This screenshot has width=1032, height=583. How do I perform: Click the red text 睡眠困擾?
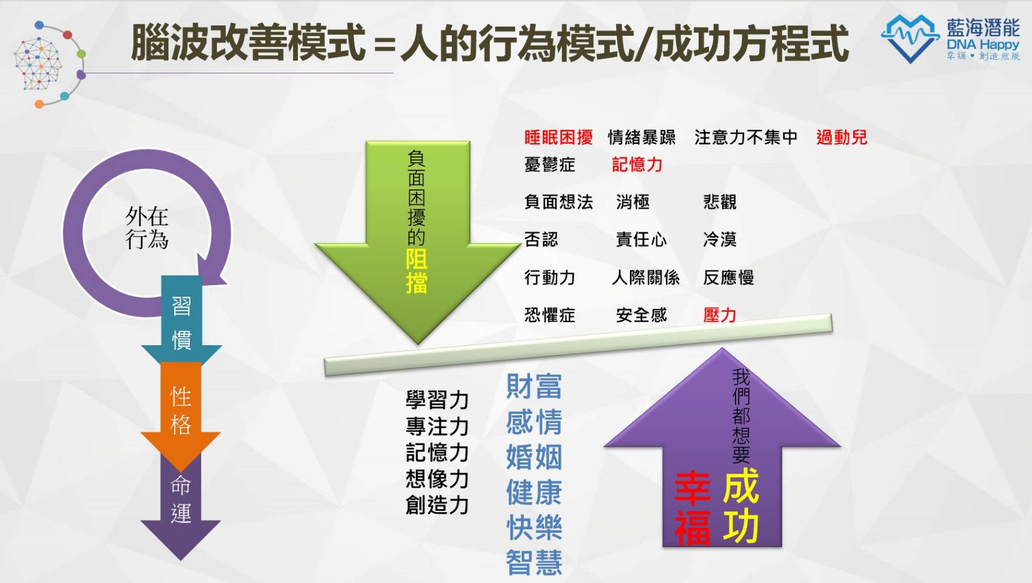click(558, 137)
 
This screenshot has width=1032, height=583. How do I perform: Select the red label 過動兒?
click(842, 137)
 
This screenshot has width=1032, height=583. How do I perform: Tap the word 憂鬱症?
click(549, 164)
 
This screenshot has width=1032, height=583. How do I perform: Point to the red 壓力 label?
click(720, 315)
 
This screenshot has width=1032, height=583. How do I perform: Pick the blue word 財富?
click(534, 386)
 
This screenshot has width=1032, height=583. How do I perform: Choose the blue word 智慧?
click(534, 562)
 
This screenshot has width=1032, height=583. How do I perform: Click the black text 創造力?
click(437, 505)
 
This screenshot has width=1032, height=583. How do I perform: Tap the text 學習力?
click(437, 400)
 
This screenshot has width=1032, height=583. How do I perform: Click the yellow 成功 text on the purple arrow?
click(741, 505)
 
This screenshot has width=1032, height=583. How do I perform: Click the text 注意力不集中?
click(746, 137)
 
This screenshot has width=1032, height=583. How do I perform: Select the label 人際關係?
click(646, 277)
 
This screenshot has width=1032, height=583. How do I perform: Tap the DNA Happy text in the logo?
click(983, 45)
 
